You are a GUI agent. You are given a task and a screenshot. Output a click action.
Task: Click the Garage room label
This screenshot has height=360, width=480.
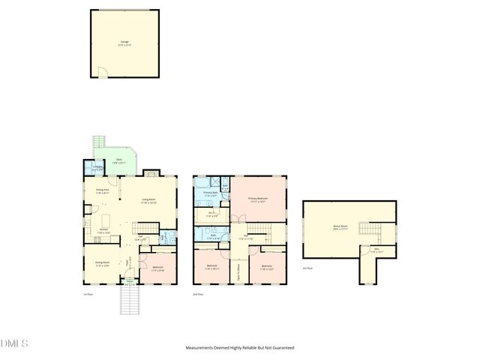124,43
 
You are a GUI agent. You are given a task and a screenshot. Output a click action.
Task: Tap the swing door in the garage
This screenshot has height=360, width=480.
104,73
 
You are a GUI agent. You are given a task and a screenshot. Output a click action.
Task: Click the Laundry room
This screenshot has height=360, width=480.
97,169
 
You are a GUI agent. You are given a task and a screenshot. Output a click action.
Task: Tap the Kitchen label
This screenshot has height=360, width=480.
103,232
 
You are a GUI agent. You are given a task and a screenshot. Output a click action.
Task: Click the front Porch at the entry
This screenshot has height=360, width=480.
130,283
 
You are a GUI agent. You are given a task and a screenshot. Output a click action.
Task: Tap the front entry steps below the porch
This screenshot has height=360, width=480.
130,302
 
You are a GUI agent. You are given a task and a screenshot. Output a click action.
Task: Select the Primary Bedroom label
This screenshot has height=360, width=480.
257,199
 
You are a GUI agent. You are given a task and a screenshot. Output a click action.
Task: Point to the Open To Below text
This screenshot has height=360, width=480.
238,267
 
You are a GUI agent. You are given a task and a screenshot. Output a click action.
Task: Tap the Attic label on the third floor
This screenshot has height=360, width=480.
369,252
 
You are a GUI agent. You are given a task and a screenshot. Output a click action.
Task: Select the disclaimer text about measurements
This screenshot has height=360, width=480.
240,348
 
